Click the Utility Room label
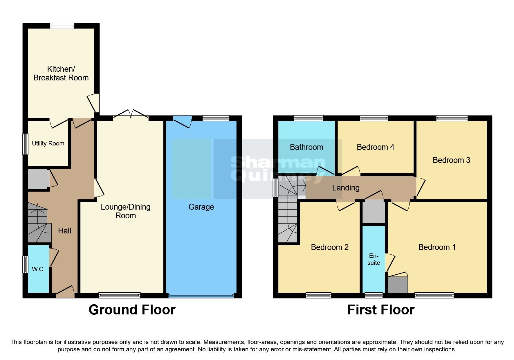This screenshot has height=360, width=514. click(x=48, y=143)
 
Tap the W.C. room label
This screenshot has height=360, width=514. click(x=38, y=269)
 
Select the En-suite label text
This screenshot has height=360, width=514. click(x=374, y=259)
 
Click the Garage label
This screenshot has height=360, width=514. click(x=201, y=207)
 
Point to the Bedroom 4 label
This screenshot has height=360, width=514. click(x=375, y=147)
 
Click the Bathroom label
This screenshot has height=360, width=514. click(x=306, y=147)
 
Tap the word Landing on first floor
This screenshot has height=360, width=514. click(x=346, y=188)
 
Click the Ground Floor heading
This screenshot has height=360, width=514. click(x=132, y=310)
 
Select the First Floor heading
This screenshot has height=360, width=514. click(x=381, y=310)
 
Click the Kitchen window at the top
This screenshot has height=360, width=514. click(x=62, y=26)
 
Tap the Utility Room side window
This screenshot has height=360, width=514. click(x=26, y=144)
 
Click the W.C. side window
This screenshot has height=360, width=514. click(x=26, y=264)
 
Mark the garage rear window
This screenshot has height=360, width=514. click(x=216, y=118)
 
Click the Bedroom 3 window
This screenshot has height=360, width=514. click(x=452, y=118)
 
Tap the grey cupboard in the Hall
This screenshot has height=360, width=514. click(x=37, y=179)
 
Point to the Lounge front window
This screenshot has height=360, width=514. click(x=119, y=296)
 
